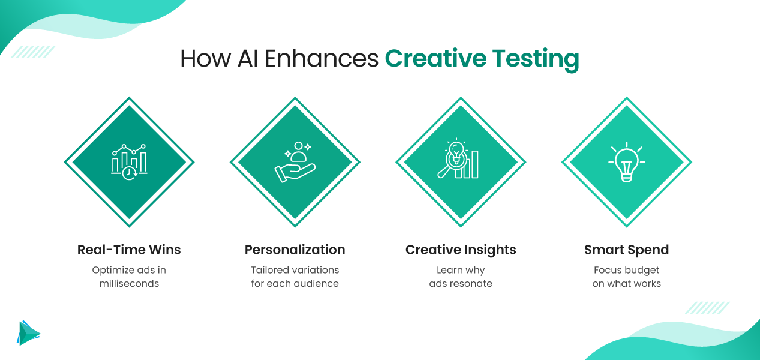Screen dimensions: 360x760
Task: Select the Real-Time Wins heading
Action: coord(129,250)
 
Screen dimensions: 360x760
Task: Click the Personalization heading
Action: coord(295,250)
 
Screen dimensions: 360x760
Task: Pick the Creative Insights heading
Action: coord(461,250)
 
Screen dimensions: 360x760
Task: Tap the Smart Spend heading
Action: coord(626,250)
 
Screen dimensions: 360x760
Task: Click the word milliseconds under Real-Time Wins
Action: coord(129,283)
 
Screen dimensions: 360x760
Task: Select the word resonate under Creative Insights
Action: coord(471,283)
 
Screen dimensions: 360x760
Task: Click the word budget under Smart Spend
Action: coord(641,270)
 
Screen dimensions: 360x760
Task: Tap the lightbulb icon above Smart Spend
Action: coord(626,163)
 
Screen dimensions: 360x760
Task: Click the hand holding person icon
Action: coord(295,163)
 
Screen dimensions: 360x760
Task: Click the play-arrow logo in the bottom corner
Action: coord(28,332)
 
